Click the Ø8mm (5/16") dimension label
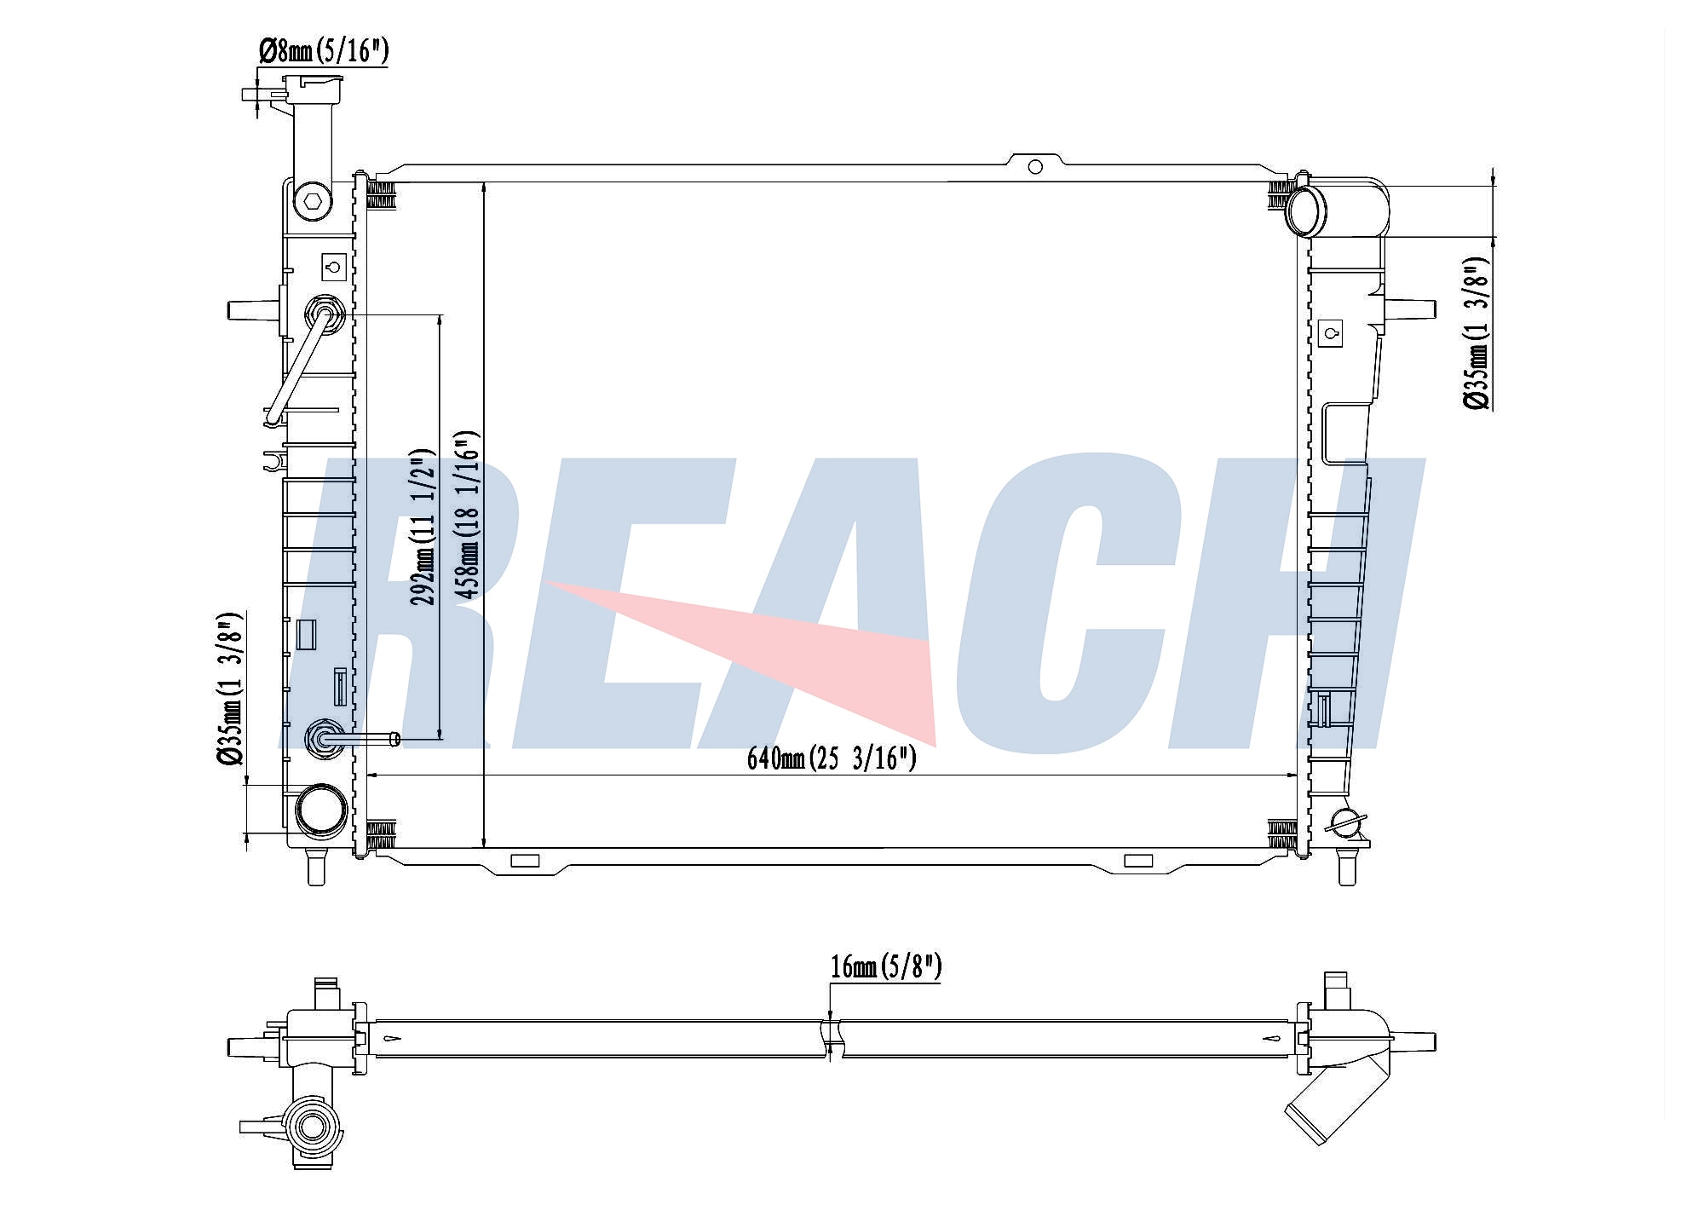(x=324, y=52)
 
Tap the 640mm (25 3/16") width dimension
(x=832, y=757)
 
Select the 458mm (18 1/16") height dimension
(x=466, y=516)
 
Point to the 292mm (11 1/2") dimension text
(x=423, y=528)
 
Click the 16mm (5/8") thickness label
(x=886, y=966)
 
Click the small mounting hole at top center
(x=1035, y=167)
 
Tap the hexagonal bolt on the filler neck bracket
(x=311, y=202)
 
